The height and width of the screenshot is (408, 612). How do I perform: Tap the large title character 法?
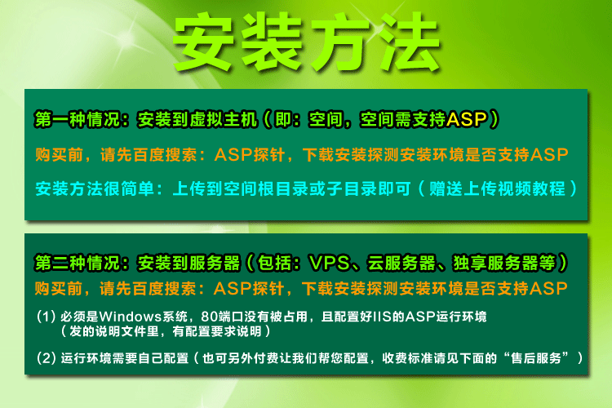[x=410, y=42]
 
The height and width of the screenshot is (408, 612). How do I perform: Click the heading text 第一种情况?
[x=78, y=119]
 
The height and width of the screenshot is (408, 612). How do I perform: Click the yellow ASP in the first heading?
[x=467, y=119]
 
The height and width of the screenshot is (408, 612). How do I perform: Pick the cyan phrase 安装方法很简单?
[x=95, y=188]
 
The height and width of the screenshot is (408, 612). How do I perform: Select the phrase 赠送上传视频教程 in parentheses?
[x=497, y=188]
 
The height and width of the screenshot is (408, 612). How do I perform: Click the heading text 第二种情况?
[x=78, y=263]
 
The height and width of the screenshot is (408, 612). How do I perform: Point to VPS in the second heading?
[x=329, y=263]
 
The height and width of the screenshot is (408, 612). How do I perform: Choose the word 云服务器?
[x=401, y=263]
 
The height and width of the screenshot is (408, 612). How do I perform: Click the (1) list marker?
[x=46, y=317]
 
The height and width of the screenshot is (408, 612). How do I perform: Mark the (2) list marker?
[x=46, y=357]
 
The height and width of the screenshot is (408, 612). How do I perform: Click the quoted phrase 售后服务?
[x=537, y=357]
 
